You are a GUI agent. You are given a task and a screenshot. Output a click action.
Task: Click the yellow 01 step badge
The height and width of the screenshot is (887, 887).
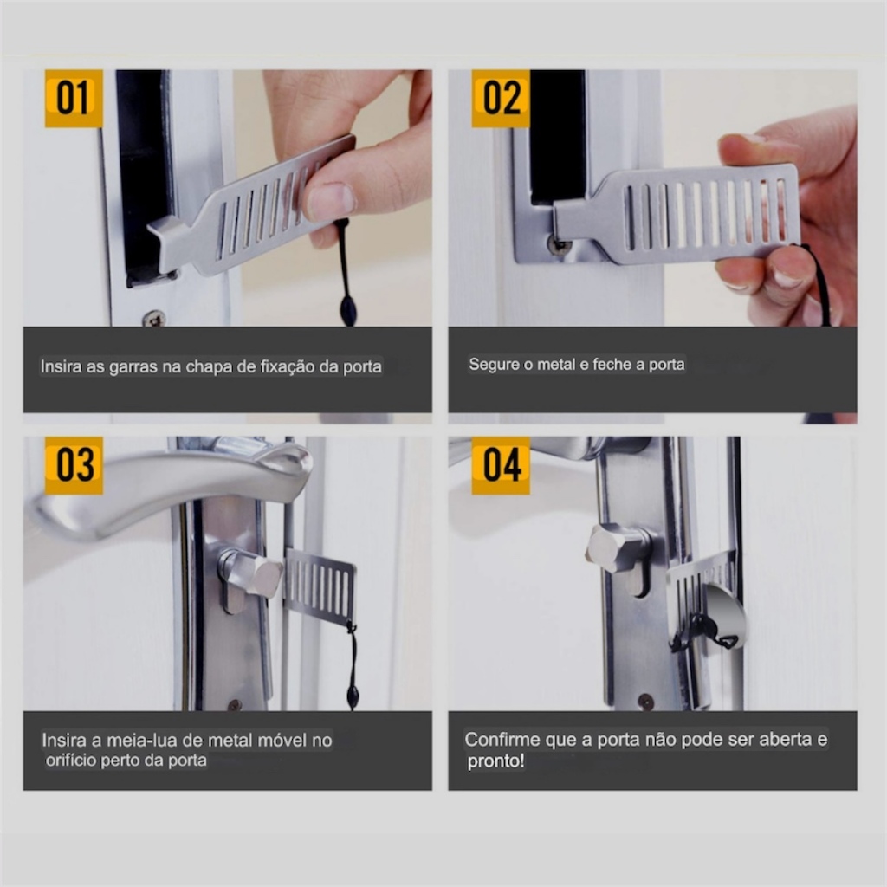[x=74, y=98]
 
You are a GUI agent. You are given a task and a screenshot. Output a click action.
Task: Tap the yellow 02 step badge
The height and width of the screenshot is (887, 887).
[x=501, y=98]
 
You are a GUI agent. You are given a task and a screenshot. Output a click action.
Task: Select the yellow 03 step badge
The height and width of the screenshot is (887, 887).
[x=74, y=465]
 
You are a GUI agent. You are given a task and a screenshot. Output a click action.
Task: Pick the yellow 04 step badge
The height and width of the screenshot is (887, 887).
[x=501, y=465]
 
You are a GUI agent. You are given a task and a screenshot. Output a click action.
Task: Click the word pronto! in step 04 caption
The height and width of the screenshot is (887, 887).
[x=495, y=761]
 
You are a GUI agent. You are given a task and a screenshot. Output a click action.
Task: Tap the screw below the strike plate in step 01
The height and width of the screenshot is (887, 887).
[x=154, y=318]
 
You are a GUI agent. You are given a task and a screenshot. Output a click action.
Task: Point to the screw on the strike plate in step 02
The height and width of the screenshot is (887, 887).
[x=559, y=244]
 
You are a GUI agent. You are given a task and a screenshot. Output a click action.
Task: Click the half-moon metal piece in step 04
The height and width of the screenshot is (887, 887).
[x=721, y=616]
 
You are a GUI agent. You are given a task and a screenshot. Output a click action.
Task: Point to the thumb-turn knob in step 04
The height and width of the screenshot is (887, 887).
[x=617, y=548]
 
